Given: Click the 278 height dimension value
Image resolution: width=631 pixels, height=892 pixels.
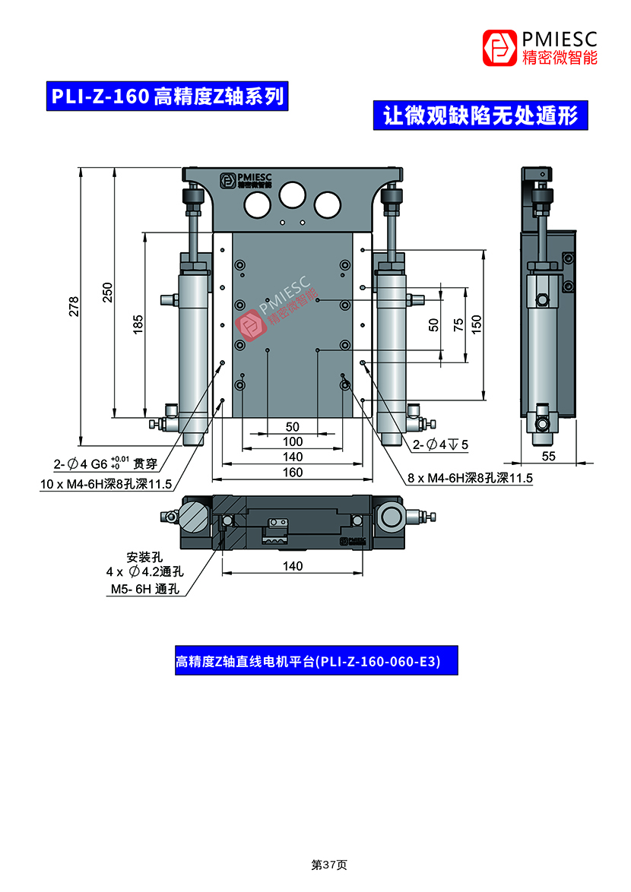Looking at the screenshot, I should pyautogui.click(x=74, y=306).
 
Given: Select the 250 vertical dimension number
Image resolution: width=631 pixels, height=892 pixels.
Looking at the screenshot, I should pyautogui.click(x=107, y=293).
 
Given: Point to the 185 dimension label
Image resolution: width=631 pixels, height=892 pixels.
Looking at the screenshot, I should pyautogui.click(x=138, y=324).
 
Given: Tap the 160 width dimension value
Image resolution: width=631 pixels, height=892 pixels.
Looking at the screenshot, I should pyautogui.click(x=293, y=473).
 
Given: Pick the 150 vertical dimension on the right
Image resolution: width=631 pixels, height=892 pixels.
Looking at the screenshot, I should pyautogui.click(x=477, y=322).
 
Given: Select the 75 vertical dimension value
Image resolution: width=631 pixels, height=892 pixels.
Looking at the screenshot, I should pyautogui.click(x=458, y=324).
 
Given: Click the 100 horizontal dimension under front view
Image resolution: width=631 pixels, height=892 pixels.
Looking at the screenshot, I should pyautogui.click(x=293, y=441).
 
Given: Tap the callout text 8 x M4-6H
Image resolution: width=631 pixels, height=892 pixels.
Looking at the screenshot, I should pyautogui.click(x=471, y=478).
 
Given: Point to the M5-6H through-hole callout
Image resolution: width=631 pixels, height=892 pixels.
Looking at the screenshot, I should pyautogui.click(x=144, y=589).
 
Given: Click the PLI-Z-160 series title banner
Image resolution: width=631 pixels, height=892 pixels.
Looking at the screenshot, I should pyautogui.click(x=166, y=96).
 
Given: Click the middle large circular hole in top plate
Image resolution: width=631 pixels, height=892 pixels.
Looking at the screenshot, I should pyautogui.click(x=292, y=195).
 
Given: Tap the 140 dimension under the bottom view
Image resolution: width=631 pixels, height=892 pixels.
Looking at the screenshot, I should pyautogui.click(x=293, y=566).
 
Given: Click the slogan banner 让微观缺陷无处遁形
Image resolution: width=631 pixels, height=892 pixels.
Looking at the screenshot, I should pyautogui.click(x=480, y=115).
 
